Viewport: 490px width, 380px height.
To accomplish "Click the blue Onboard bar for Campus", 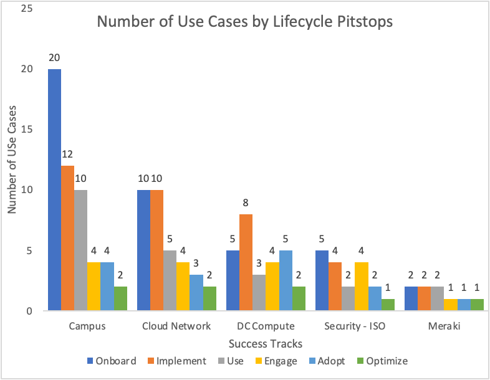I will click(55, 190).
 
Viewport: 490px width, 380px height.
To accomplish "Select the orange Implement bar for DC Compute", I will click(247, 262).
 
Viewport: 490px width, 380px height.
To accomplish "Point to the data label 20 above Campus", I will click(55, 58).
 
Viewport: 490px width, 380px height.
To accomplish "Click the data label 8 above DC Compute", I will click(247, 203).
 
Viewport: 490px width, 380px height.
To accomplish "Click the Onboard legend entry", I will click(112, 361).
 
